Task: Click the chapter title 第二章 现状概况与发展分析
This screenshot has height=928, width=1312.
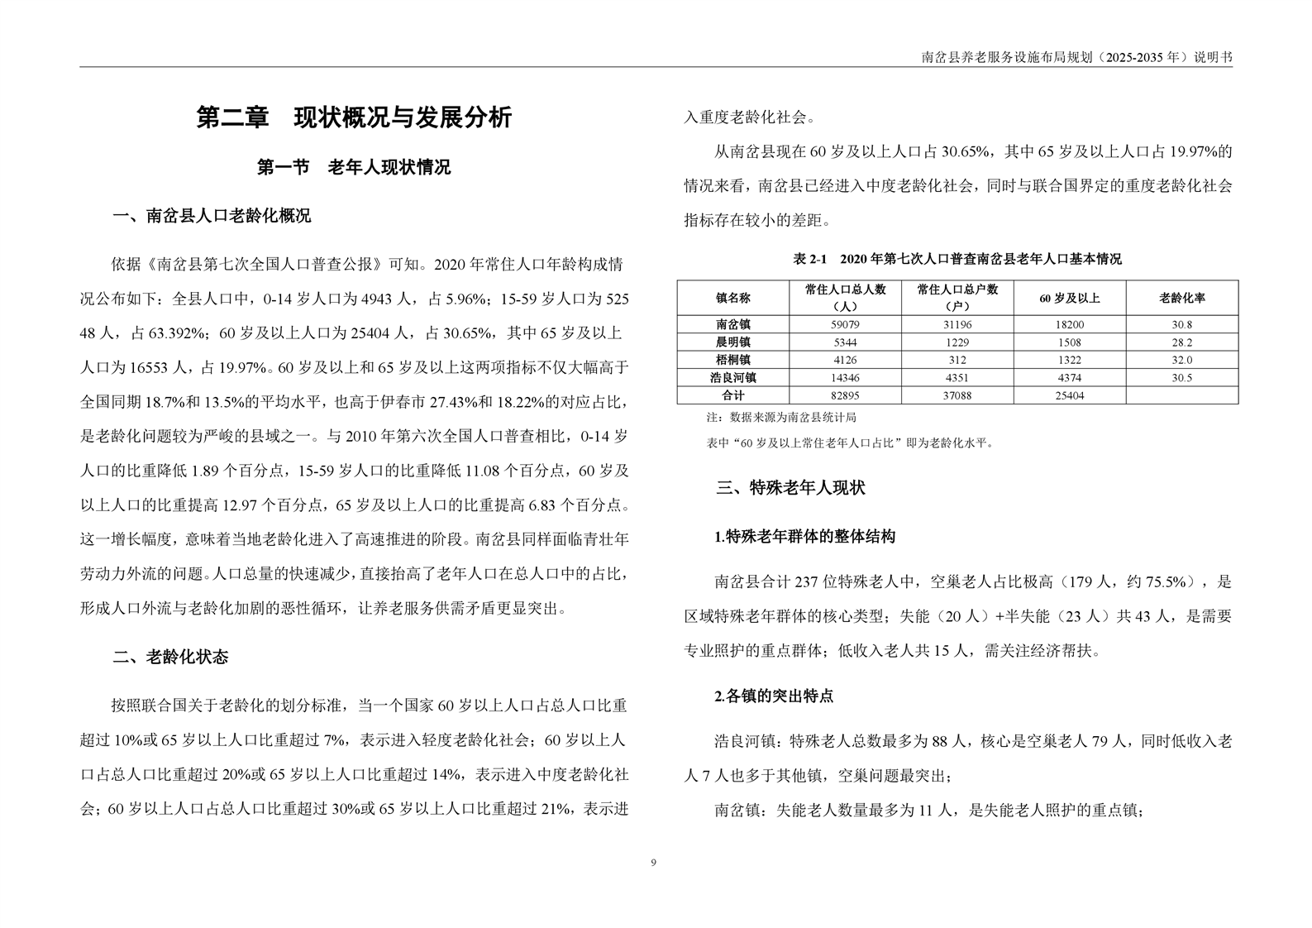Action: coord(354,117)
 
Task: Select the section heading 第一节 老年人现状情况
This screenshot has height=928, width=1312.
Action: coord(354,167)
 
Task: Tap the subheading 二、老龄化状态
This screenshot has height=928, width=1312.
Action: coord(170,658)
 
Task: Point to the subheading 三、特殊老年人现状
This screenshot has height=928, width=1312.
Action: coord(790,487)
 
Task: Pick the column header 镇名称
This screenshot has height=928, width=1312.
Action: coord(732,298)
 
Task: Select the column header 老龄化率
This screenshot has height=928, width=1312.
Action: coord(1181,298)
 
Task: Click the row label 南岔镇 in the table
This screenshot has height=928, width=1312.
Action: coord(732,325)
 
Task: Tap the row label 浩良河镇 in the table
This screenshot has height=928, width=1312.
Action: coord(732,378)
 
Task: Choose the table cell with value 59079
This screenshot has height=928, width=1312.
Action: coord(844,325)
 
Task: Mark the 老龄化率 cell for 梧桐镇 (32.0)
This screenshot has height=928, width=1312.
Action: coord(1181,361)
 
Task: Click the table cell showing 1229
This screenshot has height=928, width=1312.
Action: coord(957,342)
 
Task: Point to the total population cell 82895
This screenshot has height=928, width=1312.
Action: coord(844,396)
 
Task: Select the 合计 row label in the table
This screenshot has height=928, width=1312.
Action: coord(732,396)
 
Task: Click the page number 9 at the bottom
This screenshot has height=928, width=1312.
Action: coord(654,863)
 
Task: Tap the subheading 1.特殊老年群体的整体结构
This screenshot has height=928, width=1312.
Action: coord(804,537)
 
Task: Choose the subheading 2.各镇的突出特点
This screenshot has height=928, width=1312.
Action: coord(774,696)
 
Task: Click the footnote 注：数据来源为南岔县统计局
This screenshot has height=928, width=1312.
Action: coord(780,419)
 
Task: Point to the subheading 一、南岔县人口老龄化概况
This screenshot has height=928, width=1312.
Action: coord(212,217)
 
